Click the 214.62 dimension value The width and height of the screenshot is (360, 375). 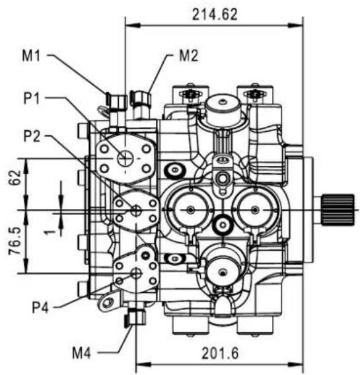click(215, 15)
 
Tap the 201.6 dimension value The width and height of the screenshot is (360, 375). click(220, 353)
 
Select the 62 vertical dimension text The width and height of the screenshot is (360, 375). click(15, 177)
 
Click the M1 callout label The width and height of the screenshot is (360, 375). click(31, 56)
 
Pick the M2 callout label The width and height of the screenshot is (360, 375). click(188, 56)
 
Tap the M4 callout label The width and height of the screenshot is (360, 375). click(82, 353)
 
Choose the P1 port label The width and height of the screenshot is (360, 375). click(32, 98)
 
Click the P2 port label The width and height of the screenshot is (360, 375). click(32, 136)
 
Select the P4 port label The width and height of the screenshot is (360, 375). click(40, 308)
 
